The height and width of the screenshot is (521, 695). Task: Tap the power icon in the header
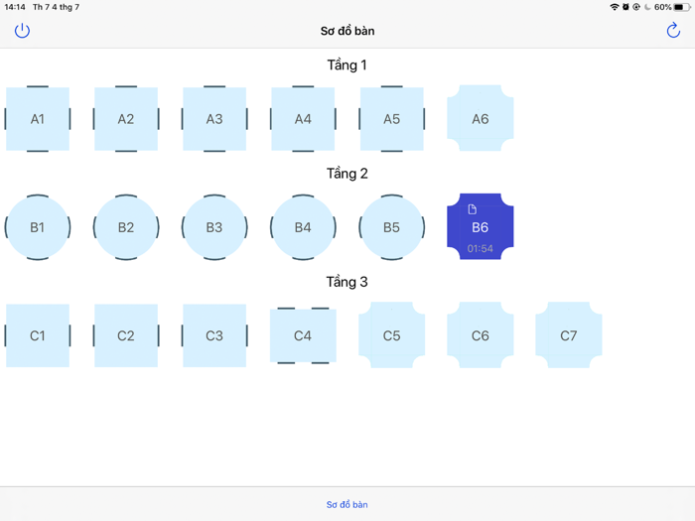(x=22, y=31)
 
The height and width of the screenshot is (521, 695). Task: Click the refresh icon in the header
(x=673, y=31)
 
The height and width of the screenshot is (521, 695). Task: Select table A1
(x=38, y=119)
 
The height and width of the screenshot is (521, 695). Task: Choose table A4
(x=303, y=119)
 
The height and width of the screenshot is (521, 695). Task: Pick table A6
(x=481, y=119)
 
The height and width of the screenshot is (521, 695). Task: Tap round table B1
(x=38, y=227)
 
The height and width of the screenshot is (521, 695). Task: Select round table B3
(x=214, y=227)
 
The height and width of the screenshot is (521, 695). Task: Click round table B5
(x=391, y=227)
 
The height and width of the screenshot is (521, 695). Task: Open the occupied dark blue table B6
(x=481, y=227)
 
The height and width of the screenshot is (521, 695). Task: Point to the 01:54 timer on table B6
(x=481, y=248)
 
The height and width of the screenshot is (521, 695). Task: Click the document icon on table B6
(x=473, y=209)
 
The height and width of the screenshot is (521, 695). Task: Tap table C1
(x=38, y=335)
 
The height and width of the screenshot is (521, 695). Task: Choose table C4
(x=303, y=335)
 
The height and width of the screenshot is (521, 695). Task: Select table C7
(x=569, y=335)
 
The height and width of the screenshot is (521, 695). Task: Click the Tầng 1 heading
(x=347, y=65)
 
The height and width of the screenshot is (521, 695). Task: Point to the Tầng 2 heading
(x=347, y=174)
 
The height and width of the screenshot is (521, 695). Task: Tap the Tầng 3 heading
(x=347, y=282)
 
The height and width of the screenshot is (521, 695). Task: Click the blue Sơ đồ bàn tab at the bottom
(x=347, y=505)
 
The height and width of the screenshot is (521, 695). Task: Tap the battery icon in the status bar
(x=682, y=7)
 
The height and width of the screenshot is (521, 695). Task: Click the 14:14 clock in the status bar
(x=15, y=7)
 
